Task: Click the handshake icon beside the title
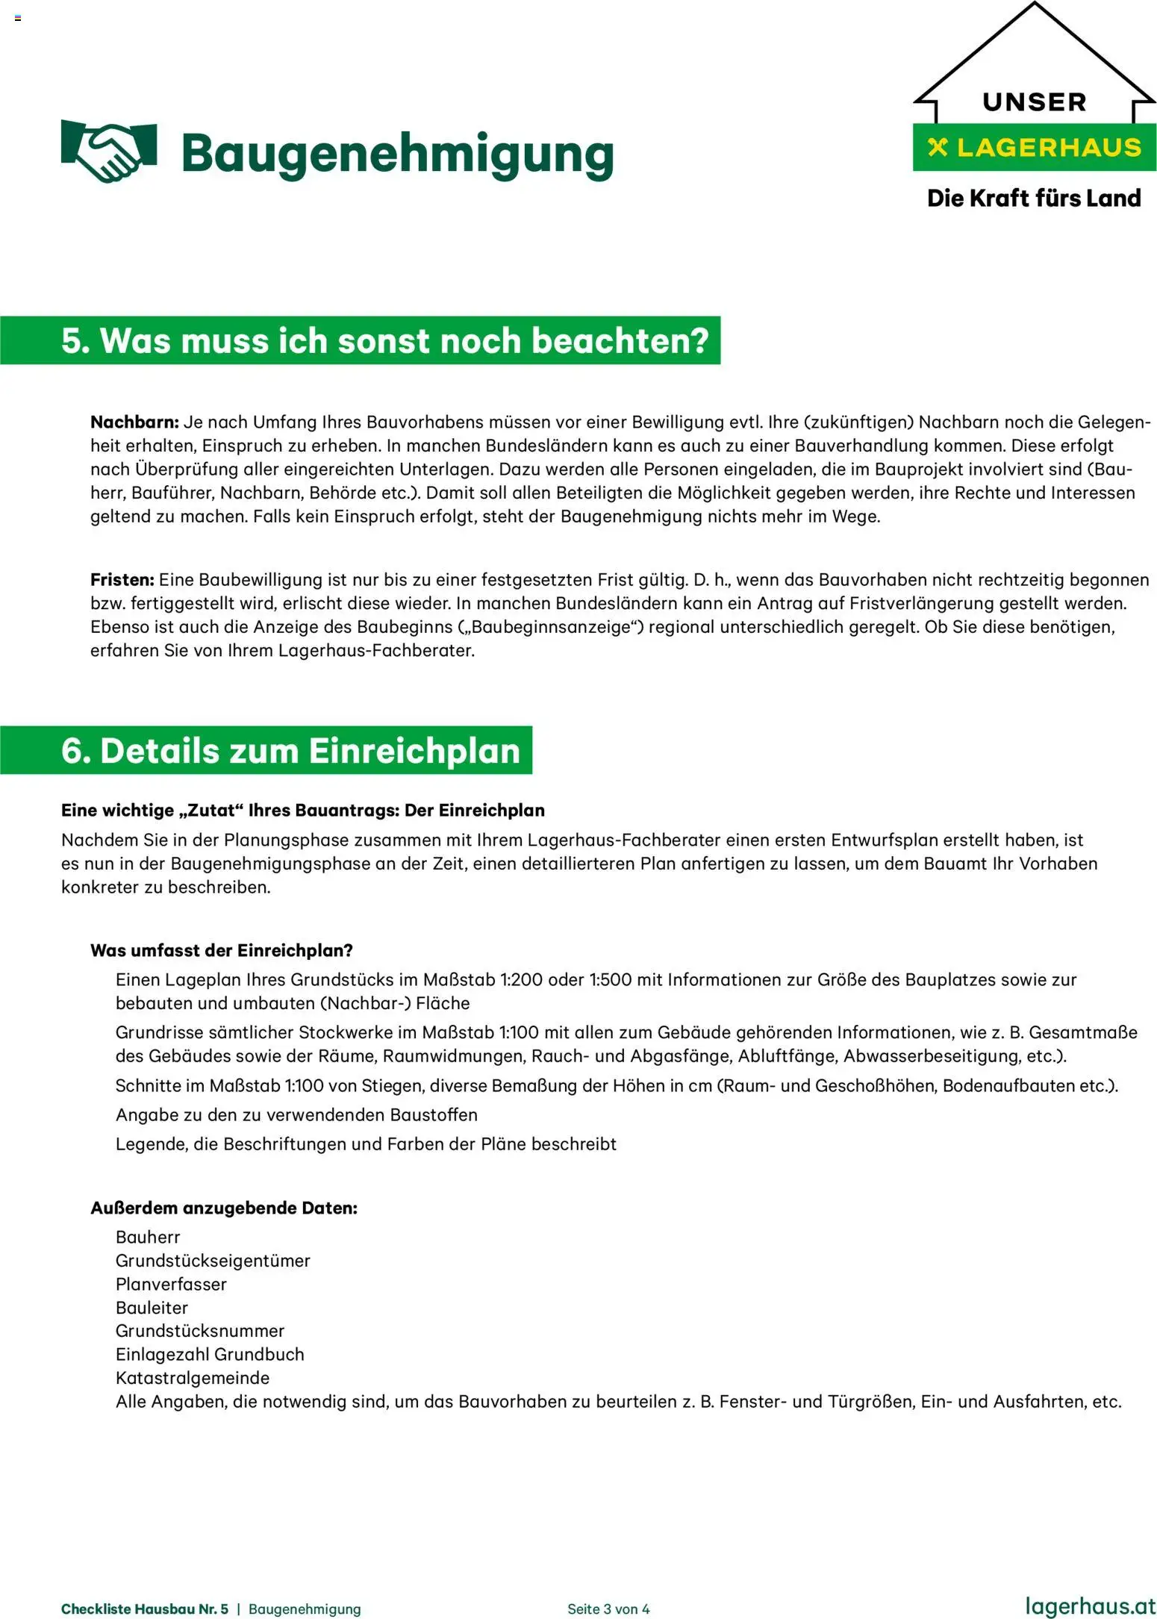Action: [108, 151]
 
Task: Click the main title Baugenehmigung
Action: [396, 155]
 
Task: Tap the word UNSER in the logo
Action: [1034, 102]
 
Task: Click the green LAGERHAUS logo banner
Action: [1034, 148]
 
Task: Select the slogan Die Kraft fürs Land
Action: [1034, 199]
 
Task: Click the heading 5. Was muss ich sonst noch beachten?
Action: [384, 341]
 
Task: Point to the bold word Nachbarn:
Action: [134, 422]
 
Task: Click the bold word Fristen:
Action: [122, 579]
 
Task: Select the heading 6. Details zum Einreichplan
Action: [290, 751]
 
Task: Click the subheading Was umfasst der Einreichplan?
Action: [221, 950]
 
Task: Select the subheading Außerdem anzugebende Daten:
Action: [223, 1208]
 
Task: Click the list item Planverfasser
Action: [171, 1284]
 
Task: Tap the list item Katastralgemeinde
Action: [192, 1378]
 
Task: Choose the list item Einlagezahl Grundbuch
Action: [210, 1354]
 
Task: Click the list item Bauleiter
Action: [152, 1308]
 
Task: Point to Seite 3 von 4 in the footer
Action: [608, 1609]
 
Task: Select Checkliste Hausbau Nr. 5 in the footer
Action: [144, 1609]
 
